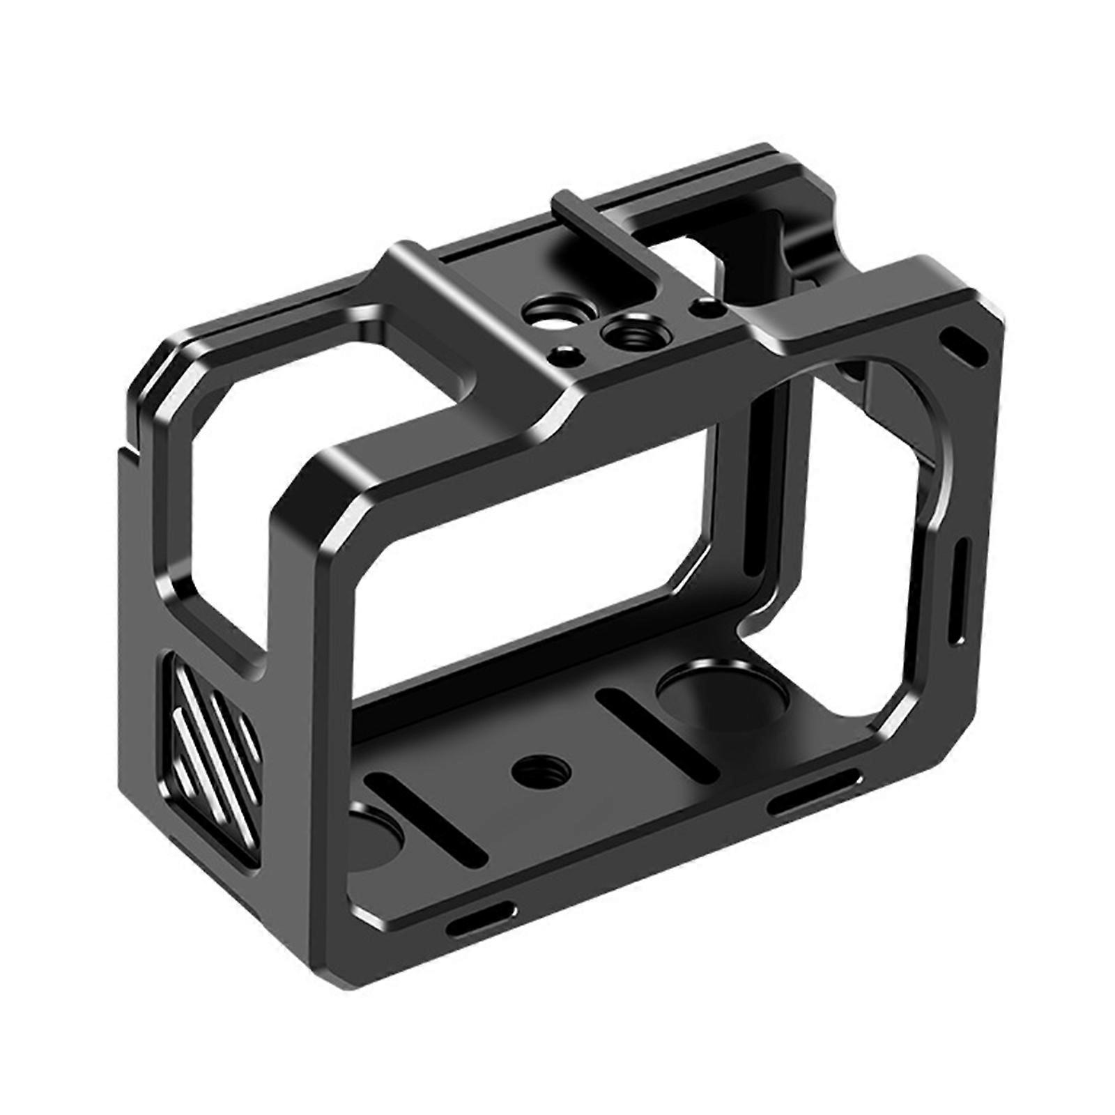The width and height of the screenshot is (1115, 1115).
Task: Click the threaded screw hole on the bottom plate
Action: coord(540,769)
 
